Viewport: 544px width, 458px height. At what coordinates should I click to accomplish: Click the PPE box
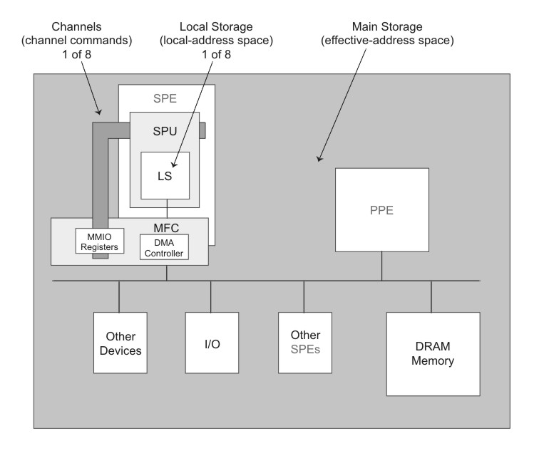(x=381, y=211)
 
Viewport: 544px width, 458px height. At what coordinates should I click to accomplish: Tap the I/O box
(x=210, y=343)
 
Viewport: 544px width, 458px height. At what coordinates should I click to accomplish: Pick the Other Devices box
(x=119, y=343)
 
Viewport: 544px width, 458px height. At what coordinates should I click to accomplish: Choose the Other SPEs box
(x=304, y=343)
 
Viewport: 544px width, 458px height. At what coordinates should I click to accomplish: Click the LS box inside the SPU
(x=165, y=175)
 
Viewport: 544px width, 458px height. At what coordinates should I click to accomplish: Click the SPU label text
(x=165, y=133)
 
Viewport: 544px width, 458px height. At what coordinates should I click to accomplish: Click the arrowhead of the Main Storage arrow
(x=319, y=157)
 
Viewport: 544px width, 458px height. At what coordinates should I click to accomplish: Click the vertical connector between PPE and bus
(x=381, y=266)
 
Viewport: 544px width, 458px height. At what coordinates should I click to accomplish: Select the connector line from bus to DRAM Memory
(x=431, y=296)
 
